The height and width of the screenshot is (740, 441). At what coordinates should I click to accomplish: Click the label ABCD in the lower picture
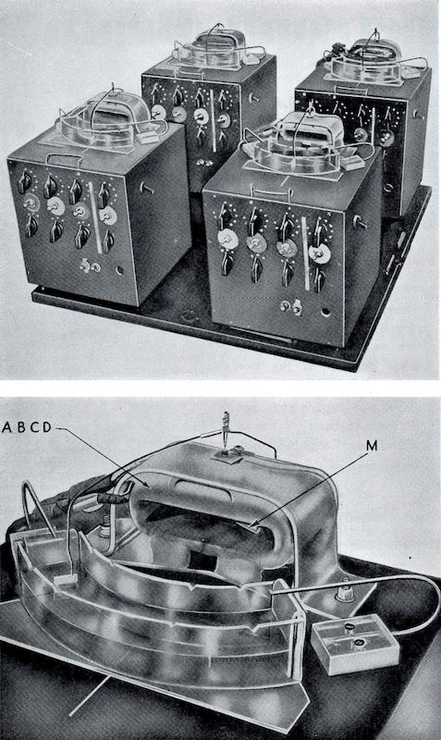click(x=27, y=427)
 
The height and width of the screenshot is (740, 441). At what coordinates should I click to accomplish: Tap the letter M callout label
click(x=373, y=446)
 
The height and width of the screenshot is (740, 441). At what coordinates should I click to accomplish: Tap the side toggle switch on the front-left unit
click(x=147, y=189)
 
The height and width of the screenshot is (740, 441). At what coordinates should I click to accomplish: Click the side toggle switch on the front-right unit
click(x=360, y=222)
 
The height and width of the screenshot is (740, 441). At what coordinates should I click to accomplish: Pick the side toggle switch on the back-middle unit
click(x=255, y=98)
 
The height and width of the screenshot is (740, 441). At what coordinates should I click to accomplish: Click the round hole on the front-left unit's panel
click(x=120, y=271)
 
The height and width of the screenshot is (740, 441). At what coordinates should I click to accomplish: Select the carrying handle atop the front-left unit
click(x=66, y=159)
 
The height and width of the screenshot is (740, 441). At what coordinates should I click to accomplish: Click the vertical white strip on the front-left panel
click(x=95, y=217)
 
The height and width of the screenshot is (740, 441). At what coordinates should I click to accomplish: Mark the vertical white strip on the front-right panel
click(x=306, y=253)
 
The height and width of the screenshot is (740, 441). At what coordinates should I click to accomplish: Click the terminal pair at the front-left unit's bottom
click(x=90, y=266)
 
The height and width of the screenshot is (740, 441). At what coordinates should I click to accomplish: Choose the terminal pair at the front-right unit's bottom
click(x=291, y=307)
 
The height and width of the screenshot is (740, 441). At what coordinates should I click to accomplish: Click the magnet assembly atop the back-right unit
click(x=374, y=60)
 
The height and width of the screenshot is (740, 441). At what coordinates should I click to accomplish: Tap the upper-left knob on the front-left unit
click(x=24, y=181)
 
